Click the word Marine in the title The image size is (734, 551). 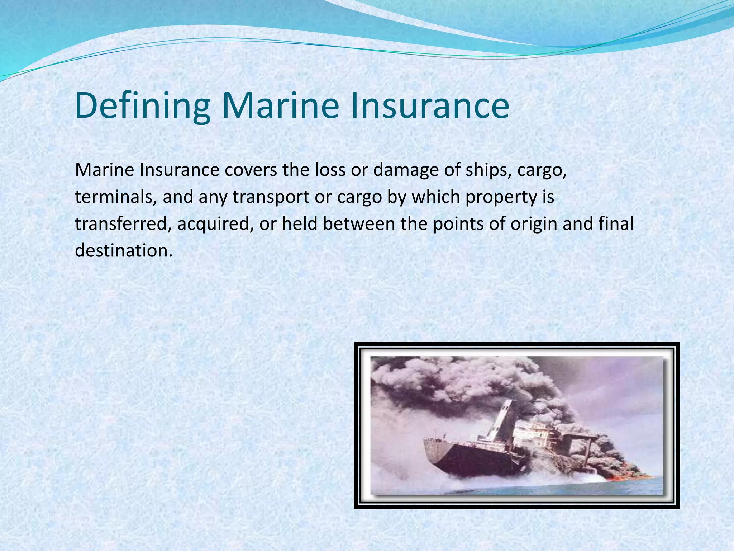(x=280, y=106)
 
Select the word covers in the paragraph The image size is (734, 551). (x=251, y=170)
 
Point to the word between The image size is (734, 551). (x=358, y=224)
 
